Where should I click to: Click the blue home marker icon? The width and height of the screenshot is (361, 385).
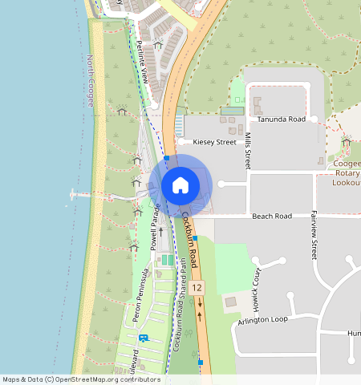[x=180, y=185]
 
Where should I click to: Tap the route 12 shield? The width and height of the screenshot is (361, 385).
[x=197, y=287]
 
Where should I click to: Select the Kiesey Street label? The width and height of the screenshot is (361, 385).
[x=214, y=142]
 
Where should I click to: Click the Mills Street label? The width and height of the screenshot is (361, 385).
[x=249, y=150]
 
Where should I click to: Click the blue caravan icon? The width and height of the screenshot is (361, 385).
[x=144, y=338]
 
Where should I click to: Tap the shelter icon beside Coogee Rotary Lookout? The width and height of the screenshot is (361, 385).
[x=346, y=143]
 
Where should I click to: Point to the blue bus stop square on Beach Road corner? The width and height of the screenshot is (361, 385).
[x=195, y=227]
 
